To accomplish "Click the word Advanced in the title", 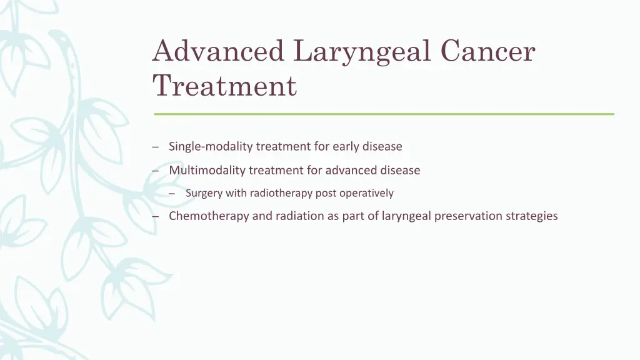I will [218, 51].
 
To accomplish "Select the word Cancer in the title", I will [488, 51].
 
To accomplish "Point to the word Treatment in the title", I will [225, 86].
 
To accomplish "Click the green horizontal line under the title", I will [384, 114].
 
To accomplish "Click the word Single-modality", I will [211, 146].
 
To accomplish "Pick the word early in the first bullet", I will [346, 146].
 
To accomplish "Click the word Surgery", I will [204, 193].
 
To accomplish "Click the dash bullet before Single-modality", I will [154, 147].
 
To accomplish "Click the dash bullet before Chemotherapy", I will [154, 217].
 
